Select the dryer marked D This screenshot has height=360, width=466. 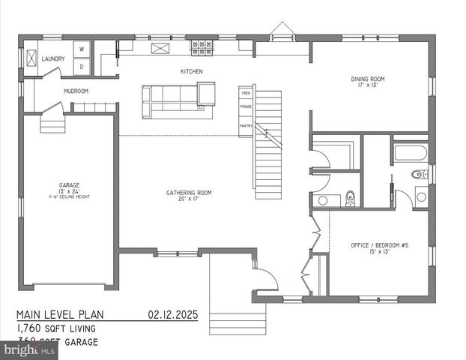(82, 67)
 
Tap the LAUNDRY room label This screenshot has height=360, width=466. (52, 58)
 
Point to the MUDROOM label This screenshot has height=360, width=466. (76, 91)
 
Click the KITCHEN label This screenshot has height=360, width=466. (191, 72)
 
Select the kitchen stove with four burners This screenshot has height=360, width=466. (201, 48)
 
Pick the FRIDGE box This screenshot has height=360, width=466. (246, 107)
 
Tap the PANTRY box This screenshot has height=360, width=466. (246, 125)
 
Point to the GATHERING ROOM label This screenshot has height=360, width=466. (189, 196)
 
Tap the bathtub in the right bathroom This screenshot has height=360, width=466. (410, 153)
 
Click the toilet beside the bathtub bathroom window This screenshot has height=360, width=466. (419, 175)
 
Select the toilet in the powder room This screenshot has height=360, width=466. (349, 199)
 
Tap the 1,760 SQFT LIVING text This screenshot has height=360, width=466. (57, 328)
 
